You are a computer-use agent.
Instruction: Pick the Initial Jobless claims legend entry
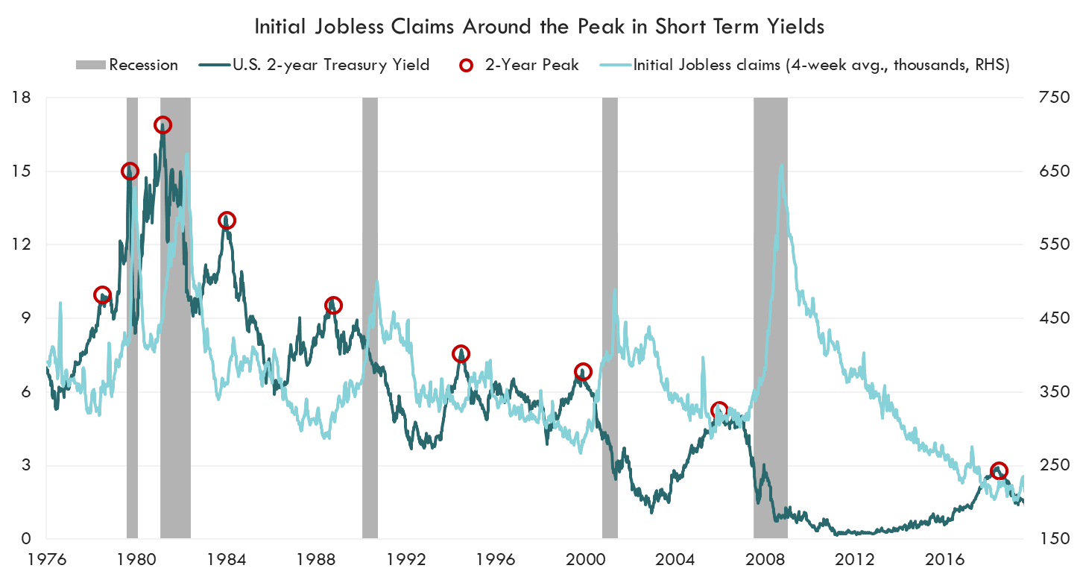pos(821,65)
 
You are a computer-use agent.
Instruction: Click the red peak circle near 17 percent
pos(162,125)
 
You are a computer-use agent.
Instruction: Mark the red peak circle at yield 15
pos(130,171)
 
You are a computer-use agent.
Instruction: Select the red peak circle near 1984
pos(227,220)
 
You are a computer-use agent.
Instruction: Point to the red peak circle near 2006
pos(719,410)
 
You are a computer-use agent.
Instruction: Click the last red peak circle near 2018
pos(1000,470)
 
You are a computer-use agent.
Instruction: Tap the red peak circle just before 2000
pos(584,371)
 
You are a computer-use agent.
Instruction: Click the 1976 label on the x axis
pos(45,558)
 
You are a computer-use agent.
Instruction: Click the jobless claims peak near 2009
pos(781,166)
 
